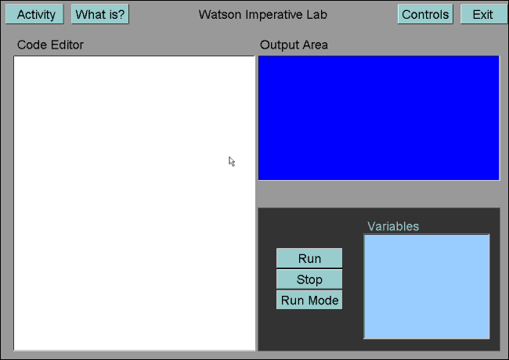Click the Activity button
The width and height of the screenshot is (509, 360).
coord(34,14)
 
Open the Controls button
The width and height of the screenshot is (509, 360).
coord(425,14)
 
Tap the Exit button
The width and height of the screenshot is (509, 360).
coord(482,14)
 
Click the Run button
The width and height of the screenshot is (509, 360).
coord(309,258)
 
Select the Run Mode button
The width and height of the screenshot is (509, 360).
coord(309,300)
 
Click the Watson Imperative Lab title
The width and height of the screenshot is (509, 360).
coord(263,15)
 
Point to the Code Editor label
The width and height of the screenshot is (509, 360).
coord(50,45)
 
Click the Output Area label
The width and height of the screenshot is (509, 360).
coord(294,45)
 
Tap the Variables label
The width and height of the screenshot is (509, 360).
coord(393,226)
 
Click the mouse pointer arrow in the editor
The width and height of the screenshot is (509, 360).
coord(232,161)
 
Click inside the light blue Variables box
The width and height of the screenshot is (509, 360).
coord(427,286)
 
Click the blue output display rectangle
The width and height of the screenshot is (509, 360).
coord(379,118)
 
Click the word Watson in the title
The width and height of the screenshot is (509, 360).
coord(220,15)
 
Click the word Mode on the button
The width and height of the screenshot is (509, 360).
coord(323,301)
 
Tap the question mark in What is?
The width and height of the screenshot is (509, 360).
coord(121,15)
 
